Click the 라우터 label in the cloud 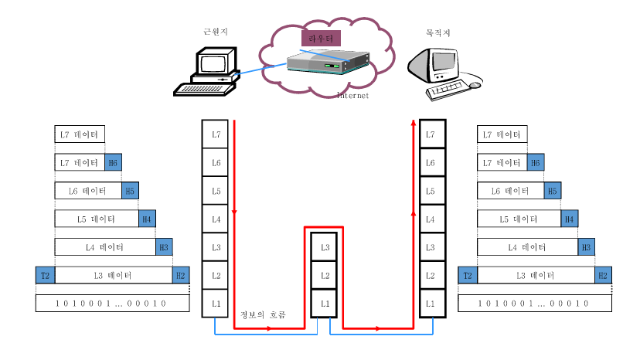(x=320, y=37)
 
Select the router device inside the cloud (x=327, y=65)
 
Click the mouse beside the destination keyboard (x=475, y=85)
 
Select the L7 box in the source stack (x=216, y=134)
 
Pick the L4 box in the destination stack (x=433, y=219)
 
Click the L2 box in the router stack (x=325, y=275)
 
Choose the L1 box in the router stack (x=325, y=303)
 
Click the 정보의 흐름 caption (x=263, y=314)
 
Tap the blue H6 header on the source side (x=113, y=163)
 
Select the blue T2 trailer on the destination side (x=467, y=275)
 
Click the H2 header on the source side (x=181, y=275)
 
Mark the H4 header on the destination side (x=570, y=219)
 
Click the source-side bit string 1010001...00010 (x=112, y=303)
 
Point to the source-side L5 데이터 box (x=97, y=219)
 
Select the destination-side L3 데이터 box (x=535, y=275)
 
